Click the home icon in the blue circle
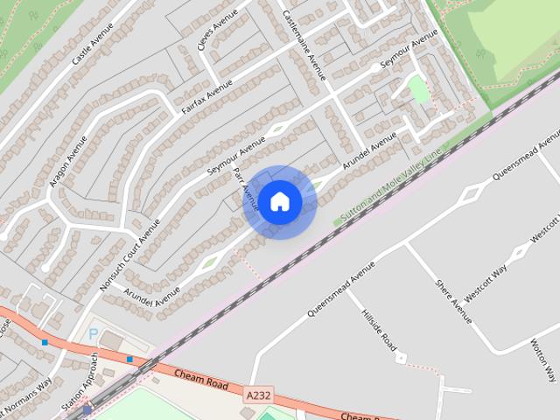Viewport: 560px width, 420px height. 280,201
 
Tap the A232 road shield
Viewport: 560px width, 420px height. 258,396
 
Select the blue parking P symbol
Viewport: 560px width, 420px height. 94,334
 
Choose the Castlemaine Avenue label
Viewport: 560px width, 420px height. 304,45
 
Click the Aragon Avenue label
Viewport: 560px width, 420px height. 69,162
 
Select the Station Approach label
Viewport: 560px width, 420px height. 90,380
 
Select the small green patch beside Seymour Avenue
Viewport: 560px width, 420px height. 418,89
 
